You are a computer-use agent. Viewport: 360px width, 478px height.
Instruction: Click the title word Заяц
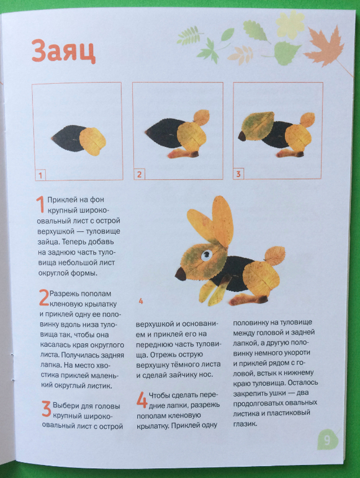tap(63, 50)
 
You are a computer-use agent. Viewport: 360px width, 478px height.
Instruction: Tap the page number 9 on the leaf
tap(327, 440)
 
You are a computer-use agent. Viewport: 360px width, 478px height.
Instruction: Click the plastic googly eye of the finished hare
tap(206, 255)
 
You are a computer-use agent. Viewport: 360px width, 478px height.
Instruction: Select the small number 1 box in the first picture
tap(40, 175)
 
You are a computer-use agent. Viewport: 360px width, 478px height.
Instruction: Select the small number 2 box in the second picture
tap(139, 174)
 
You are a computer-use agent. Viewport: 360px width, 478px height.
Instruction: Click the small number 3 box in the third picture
tap(238, 174)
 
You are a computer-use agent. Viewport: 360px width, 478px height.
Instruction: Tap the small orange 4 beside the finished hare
tap(140, 301)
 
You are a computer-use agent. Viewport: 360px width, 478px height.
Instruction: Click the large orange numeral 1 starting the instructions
tap(41, 204)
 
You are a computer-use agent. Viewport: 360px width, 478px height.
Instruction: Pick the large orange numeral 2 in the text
tap(44, 297)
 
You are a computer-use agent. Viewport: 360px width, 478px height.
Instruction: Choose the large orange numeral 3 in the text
tap(47, 409)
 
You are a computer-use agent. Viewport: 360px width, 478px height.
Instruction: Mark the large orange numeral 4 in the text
tap(142, 400)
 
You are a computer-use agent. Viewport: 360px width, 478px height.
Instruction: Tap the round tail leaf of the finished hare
tap(274, 256)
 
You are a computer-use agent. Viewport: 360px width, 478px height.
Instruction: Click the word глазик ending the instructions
tap(245, 424)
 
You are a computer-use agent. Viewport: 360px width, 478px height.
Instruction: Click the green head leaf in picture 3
tap(258, 125)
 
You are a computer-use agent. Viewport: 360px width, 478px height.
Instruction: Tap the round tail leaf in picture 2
tap(201, 117)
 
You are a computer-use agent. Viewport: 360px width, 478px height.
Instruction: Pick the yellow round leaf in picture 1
tap(92, 142)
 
